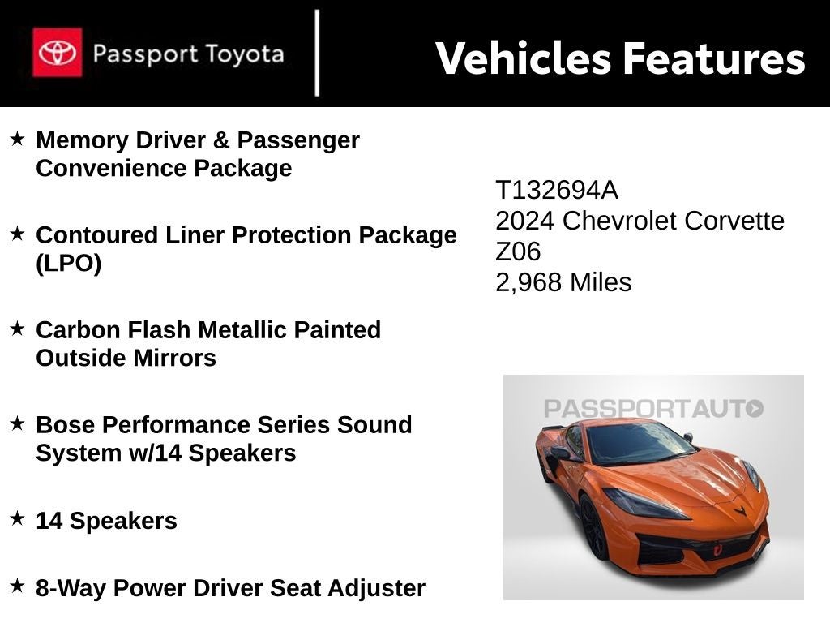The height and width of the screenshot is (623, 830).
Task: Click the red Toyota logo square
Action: tap(57, 53)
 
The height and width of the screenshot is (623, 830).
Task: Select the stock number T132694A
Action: tap(556, 191)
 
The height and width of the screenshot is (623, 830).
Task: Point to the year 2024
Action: tap(525, 221)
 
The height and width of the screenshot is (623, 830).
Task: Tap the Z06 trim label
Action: tap(518, 251)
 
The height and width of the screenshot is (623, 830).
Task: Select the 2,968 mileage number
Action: tap(529, 282)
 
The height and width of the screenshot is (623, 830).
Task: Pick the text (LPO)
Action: tap(69, 264)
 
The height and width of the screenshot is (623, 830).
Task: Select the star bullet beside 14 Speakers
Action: tap(17, 519)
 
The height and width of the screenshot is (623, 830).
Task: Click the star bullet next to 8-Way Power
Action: tap(17, 586)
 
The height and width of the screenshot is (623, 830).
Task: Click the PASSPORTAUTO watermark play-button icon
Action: tap(755, 408)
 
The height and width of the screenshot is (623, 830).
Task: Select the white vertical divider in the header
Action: tap(317, 54)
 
